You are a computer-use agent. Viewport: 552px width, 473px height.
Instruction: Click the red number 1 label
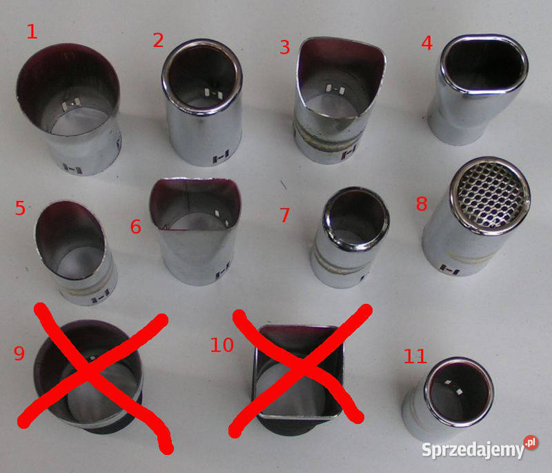coord(32,32)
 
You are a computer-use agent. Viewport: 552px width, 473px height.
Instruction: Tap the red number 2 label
coord(159,41)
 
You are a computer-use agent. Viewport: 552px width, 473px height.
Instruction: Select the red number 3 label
coord(285,47)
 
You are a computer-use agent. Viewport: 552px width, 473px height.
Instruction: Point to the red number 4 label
coord(426,43)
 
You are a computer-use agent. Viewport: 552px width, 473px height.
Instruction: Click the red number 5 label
coord(21,208)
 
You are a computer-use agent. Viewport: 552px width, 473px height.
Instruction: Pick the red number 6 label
coord(136,226)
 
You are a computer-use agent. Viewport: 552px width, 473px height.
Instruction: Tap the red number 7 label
coord(284,215)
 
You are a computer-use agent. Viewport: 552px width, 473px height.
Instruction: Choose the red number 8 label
coord(422,203)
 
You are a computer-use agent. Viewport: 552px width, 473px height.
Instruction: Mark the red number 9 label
coord(19,353)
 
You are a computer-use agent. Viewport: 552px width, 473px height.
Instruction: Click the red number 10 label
coord(221,345)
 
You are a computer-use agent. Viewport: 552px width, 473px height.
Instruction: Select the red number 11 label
coord(415,356)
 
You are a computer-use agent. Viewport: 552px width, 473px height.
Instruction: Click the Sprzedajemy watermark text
coord(473,450)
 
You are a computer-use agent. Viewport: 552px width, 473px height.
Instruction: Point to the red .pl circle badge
coord(531,442)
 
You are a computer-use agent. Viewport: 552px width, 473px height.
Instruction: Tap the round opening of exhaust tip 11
coord(459,392)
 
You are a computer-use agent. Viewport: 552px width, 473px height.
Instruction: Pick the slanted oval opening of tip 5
coord(70,240)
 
